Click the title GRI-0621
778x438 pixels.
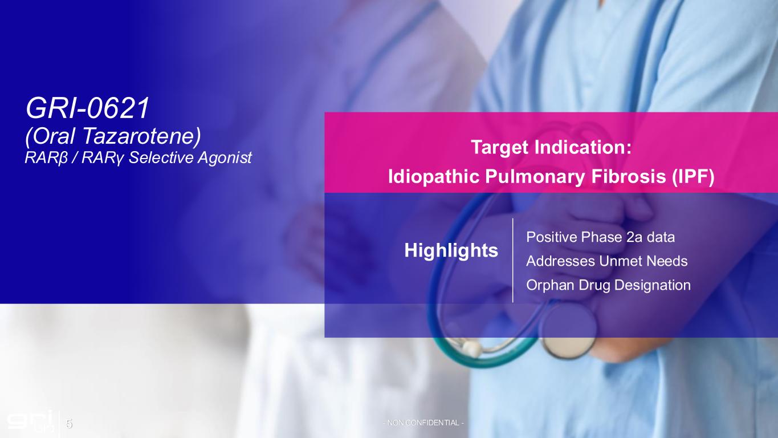pos(88,108)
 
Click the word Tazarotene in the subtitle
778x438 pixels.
pos(141,136)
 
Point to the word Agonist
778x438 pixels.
pos(225,157)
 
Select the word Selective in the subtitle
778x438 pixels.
pos(161,157)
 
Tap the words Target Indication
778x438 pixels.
pos(551,147)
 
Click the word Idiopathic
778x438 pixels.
pos(434,177)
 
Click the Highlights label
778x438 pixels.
pos(451,250)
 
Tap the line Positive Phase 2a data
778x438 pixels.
pos(600,237)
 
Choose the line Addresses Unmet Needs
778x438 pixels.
pos(607,261)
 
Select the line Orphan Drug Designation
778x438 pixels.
pos(608,285)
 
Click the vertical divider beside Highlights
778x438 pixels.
pos(512,261)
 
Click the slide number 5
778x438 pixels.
pos(69,424)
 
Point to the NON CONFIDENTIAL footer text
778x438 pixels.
pos(423,423)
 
